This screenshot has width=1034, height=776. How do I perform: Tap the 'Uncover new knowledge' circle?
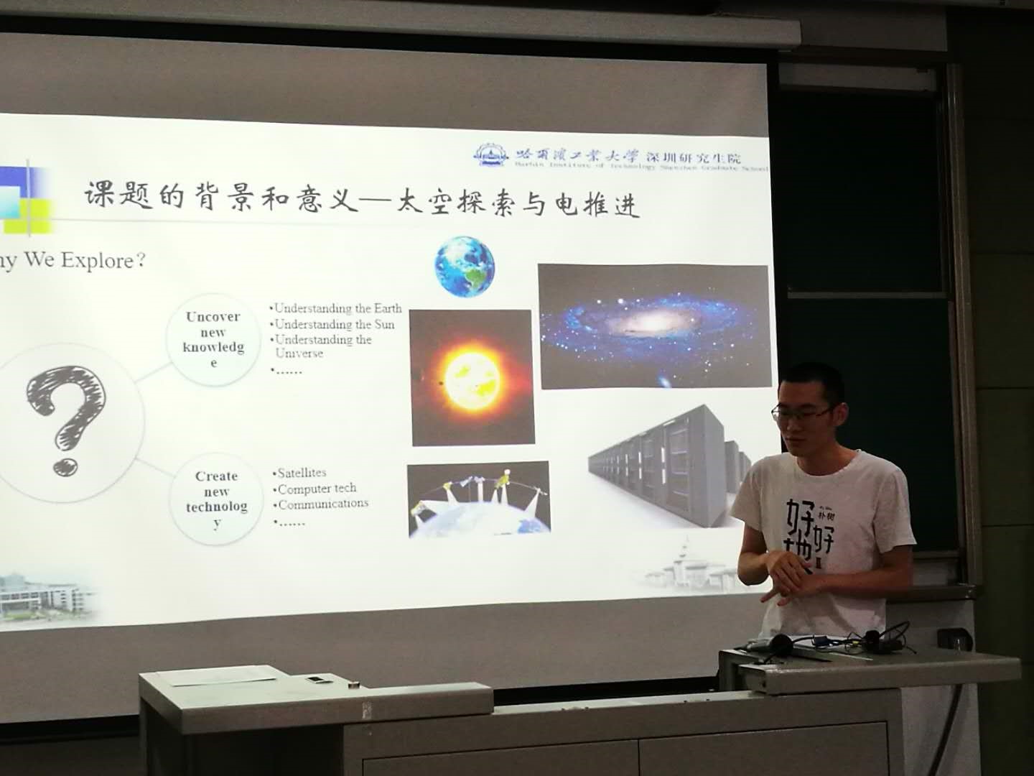point(213,339)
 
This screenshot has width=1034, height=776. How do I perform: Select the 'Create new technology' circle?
point(216,498)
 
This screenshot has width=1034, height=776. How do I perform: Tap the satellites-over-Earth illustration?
point(478,499)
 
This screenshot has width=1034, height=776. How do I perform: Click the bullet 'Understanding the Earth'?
point(337,308)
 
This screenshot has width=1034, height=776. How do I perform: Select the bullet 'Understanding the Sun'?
point(335,324)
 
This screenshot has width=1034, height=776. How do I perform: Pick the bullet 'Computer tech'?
point(317,489)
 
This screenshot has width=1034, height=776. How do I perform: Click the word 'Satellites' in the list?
point(302,473)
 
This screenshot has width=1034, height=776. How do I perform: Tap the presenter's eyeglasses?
point(802,412)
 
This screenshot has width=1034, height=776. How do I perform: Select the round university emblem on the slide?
point(491,155)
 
